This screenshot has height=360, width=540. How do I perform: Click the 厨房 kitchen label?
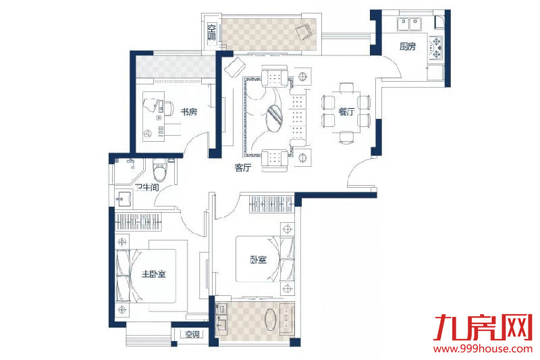pyautogui.click(x=408, y=46)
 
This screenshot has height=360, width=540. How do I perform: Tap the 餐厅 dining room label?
pyautogui.click(x=346, y=111)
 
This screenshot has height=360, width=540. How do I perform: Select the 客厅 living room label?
pyautogui.click(x=243, y=168)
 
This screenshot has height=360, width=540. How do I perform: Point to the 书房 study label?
pyautogui.click(x=189, y=111)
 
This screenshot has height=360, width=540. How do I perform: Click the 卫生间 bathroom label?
pyautogui.click(x=147, y=187)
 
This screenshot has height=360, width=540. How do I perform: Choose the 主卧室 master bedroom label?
pyautogui.click(x=154, y=274)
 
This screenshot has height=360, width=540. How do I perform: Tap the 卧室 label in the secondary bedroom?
pyautogui.click(x=259, y=259)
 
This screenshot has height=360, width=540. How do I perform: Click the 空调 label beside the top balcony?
pyautogui.click(x=211, y=32)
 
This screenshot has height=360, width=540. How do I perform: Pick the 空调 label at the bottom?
pyautogui.click(x=192, y=334)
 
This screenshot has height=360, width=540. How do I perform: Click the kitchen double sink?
pyautogui.click(x=409, y=24)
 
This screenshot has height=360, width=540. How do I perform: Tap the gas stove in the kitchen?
pyautogui.click(x=436, y=48)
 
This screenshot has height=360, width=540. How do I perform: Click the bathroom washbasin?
pyautogui.click(x=124, y=199)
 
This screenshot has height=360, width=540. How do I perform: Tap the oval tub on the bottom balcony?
pyautogui.click(x=271, y=319)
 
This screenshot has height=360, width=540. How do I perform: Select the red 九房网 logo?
pyautogui.click(x=483, y=327)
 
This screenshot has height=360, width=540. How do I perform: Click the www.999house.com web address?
pyautogui.click(x=483, y=349)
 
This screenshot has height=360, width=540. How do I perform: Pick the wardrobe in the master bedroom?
pyautogui.click(x=138, y=222)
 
